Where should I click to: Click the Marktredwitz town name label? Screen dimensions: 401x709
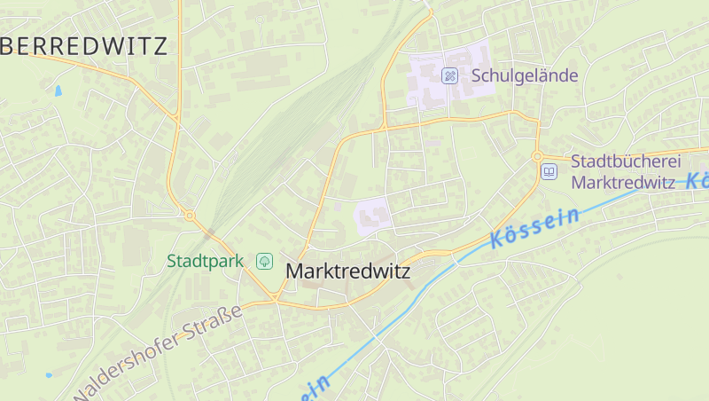348,271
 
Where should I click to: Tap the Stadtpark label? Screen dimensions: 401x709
205,261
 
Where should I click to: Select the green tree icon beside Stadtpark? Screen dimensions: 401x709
264,261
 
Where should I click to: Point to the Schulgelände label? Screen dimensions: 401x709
525,75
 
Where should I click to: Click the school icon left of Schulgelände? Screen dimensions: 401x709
449,75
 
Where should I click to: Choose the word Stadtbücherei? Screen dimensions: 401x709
626,161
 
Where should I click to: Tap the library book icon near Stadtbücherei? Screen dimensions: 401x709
549,171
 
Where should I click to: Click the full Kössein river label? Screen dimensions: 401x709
534,227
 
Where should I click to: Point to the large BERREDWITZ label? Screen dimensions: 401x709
84,47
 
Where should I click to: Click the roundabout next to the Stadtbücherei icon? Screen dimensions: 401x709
537,156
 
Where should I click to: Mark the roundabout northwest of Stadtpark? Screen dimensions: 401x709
190,215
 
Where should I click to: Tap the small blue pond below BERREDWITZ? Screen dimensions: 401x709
58,90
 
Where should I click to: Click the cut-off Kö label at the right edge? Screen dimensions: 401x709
697,180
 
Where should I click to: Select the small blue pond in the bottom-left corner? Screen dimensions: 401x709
49,375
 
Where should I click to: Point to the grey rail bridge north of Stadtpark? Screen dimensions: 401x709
210,233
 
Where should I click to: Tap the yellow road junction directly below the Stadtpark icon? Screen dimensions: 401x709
276,300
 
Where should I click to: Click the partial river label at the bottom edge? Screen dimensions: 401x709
315,388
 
